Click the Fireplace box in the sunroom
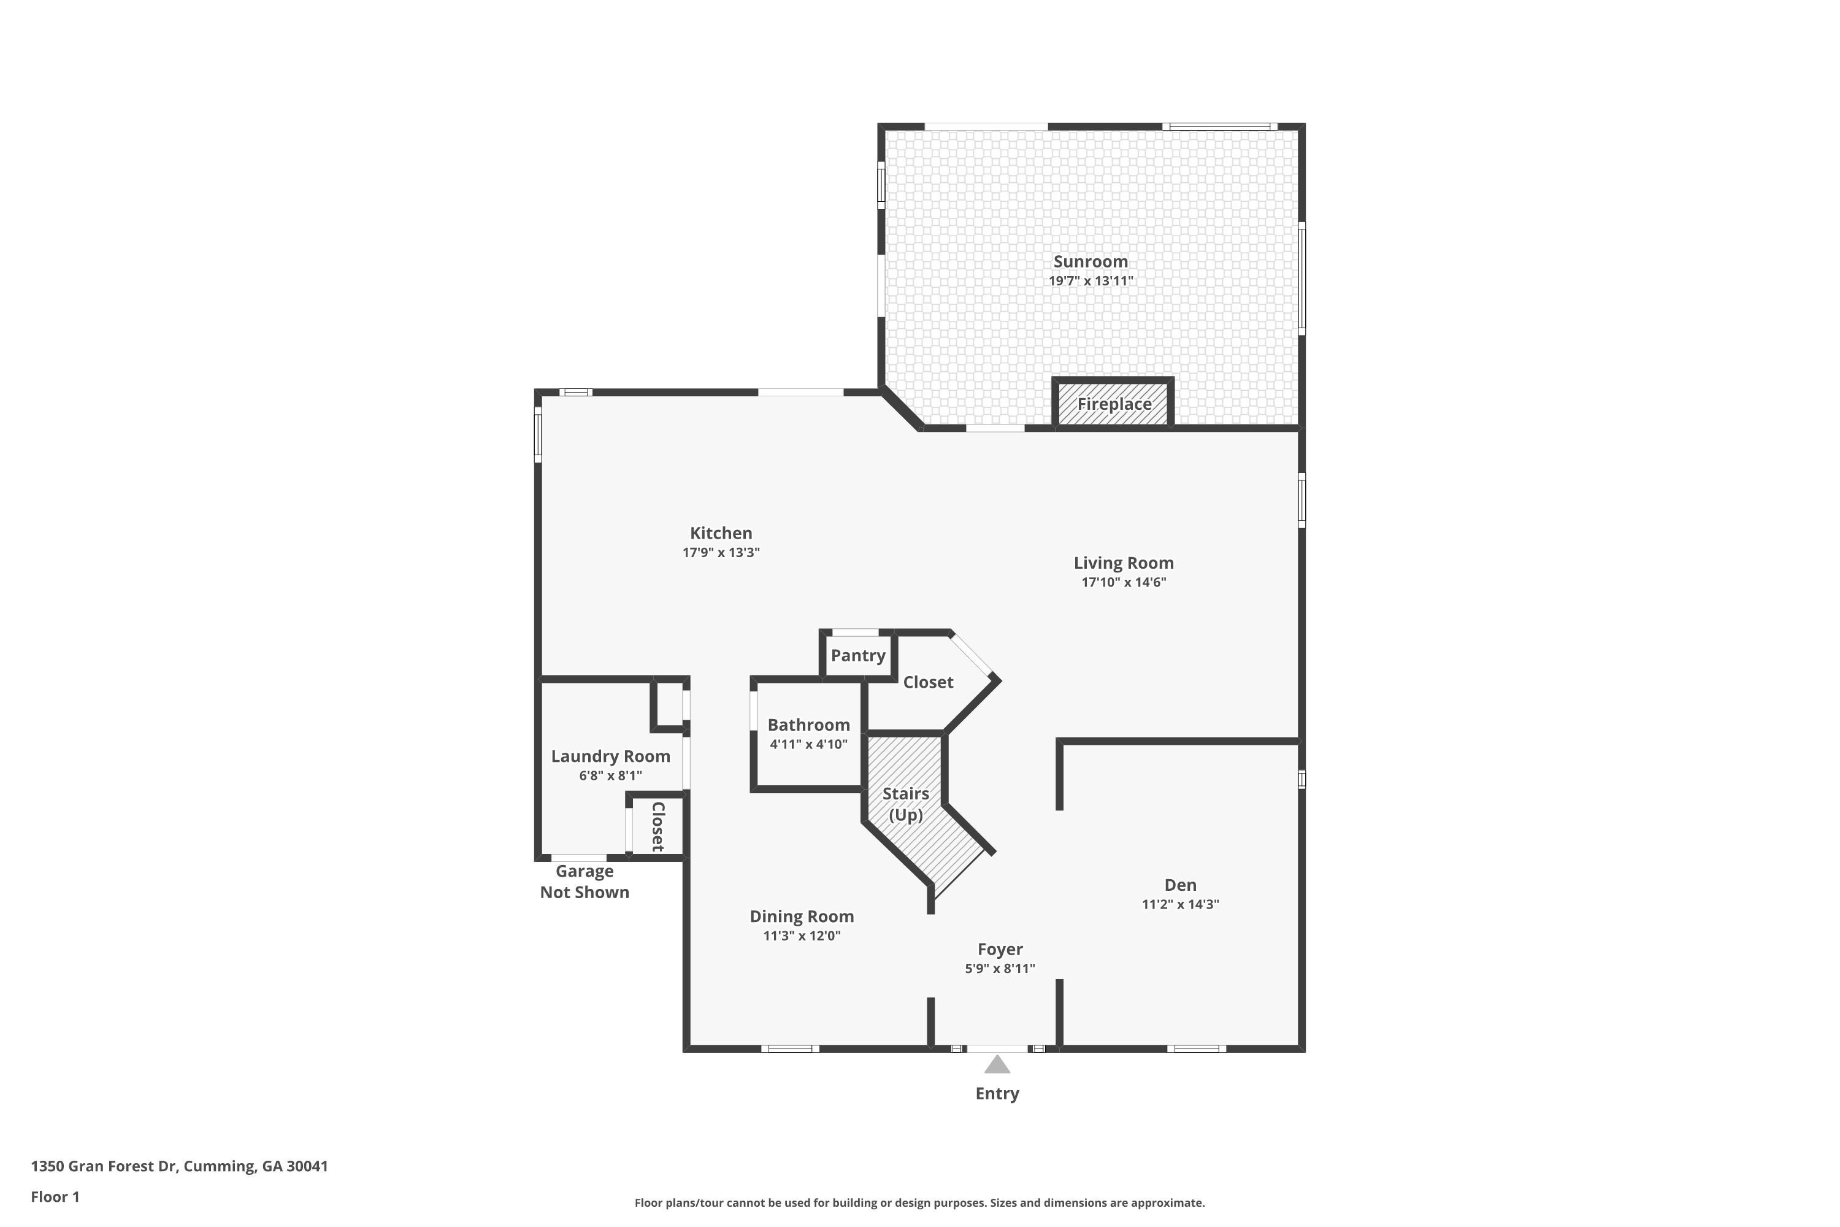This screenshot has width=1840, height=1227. click(1113, 403)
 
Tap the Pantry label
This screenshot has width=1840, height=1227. click(858, 656)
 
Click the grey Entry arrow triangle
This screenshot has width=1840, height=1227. click(997, 1064)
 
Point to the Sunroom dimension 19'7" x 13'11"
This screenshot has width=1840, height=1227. click(1091, 281)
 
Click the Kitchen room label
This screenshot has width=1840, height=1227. click(721, 533)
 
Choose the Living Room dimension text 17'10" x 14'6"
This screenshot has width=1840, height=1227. click(1124, 582)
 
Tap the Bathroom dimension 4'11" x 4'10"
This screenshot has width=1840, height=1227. click(808, 744)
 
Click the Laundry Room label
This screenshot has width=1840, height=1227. click(610, 756)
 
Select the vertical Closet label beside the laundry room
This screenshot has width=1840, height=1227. click(658, 826)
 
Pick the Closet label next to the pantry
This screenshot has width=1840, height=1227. click(928, 682)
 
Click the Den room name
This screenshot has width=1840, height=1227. click(1179, 885)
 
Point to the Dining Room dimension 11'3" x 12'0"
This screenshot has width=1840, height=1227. click(802, 936)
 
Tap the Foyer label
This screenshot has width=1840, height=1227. click(1000, 949)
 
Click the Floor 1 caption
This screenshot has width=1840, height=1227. click(55, 1196)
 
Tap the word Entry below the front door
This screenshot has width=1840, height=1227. click(997, 1093)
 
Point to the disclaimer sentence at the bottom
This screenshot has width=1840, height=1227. click(919, 1202)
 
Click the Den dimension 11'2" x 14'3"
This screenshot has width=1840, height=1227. click(1179, 904)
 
